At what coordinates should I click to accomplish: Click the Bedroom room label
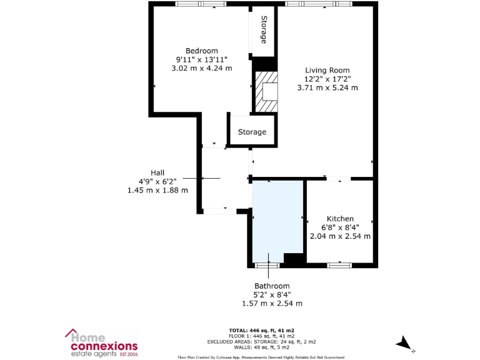tap(201, 51)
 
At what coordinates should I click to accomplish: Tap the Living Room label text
tap(327, 70)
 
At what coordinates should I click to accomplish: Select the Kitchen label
tap(340, 218)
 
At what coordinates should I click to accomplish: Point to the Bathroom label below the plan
tap(272, 286)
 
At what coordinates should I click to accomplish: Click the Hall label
tap(157, 172)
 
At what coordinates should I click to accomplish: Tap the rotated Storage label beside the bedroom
tap(264, 29)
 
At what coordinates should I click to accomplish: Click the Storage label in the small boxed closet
tap(252, 132)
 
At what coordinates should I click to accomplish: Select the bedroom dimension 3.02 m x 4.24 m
tap(201, 68)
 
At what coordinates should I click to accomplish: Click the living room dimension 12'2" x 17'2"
tap(327, 79)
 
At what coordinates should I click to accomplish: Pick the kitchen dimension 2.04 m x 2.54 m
tap(340, 236)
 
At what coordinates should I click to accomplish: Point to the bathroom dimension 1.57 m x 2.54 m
tap(272, 303)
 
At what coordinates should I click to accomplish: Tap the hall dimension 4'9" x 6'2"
tap(157, 181)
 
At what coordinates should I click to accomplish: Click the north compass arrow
tap(404, 342)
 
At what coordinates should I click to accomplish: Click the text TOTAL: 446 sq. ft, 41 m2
tap(262, 329)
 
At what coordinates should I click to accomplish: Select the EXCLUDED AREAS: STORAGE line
tap(262, 341)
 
